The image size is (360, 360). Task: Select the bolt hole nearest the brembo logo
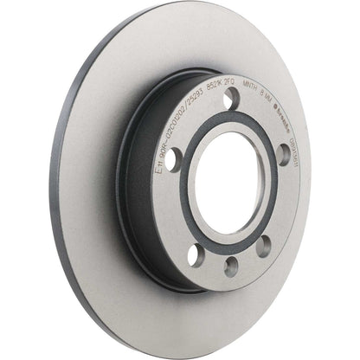click(x=283, y=153)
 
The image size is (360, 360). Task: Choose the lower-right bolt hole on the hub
click(x=263, y=245)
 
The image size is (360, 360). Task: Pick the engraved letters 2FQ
click(x=260, y=90)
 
